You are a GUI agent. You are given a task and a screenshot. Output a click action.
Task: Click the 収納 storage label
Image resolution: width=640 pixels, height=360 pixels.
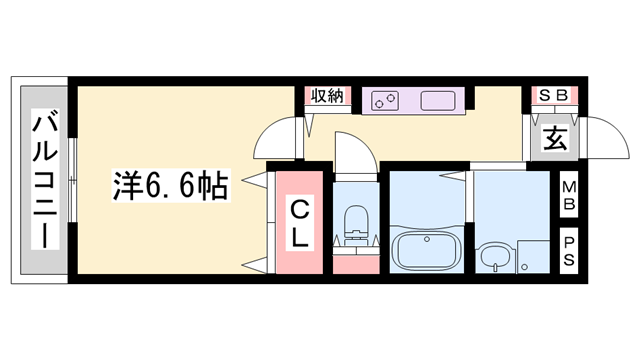coord(327,96)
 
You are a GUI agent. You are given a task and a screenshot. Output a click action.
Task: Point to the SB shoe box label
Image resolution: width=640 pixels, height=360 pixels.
coord(553,95)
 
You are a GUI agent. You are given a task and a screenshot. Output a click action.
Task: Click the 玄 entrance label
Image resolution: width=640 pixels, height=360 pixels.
coord(554,139)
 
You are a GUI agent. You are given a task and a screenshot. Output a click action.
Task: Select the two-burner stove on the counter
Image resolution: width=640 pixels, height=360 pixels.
coord(385,100)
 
